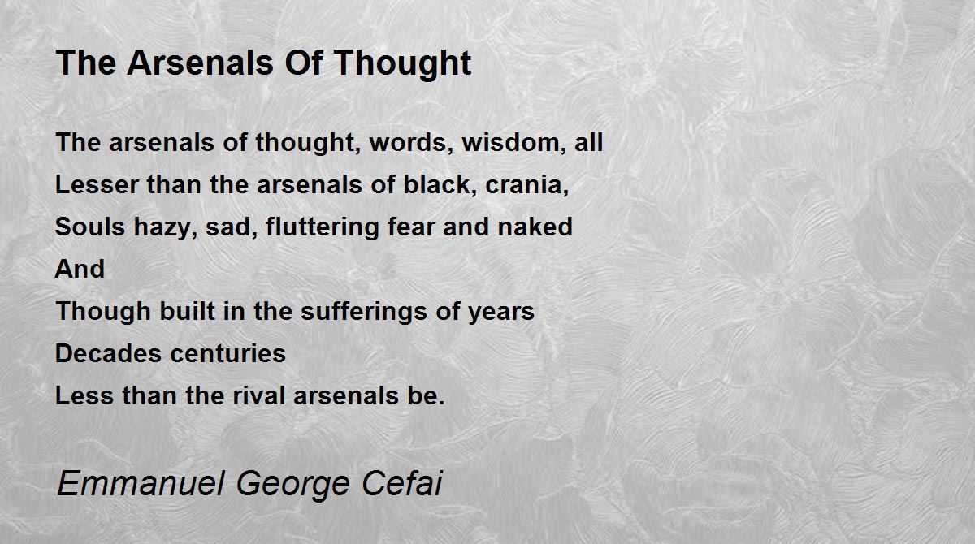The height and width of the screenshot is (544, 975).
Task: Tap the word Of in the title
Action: pyautogui.click(x=303, y=63)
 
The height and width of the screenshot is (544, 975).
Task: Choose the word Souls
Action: pyautogui.click(x=90, y=227)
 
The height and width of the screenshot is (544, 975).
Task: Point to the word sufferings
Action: pyautogui.click(x=364, y=312)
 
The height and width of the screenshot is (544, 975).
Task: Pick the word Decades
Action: pyautogui.click(x=108, y=353)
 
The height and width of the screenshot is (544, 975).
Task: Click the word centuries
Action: pyautogui.click(x=228, y=353)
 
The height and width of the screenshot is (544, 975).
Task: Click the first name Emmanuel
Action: pyautogui.click(x=141, y=483)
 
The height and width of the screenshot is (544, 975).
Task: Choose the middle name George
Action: pyautogui.click(x=293, y=485)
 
